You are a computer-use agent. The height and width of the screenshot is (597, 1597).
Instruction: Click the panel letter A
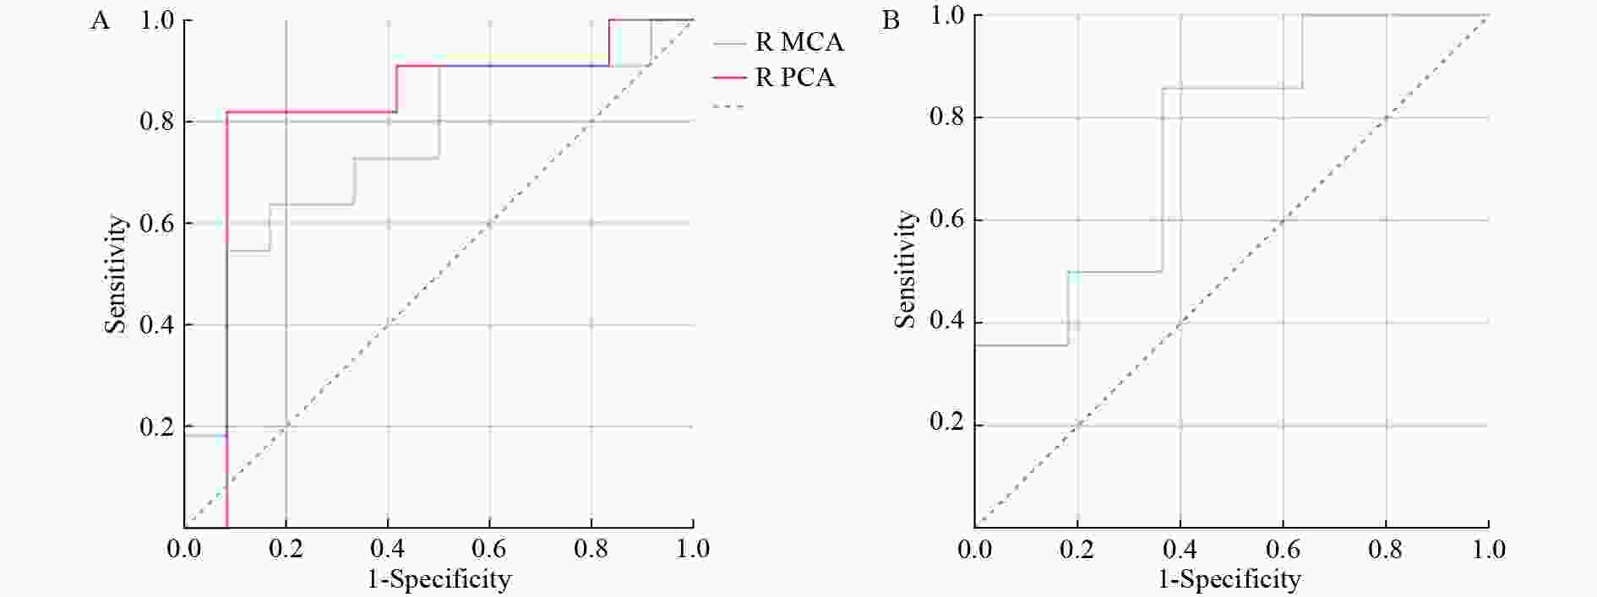(x=100, y=20)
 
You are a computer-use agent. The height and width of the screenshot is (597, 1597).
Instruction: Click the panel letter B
(x=891, y=20)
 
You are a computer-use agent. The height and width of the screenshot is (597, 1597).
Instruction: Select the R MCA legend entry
(x=798, y=42)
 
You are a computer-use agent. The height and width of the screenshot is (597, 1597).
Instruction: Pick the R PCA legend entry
(x=794, y=78)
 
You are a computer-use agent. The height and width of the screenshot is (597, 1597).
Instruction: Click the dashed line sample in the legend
(x=729, y=107)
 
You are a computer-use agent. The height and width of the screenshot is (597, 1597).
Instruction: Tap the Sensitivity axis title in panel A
(x=117, y=274)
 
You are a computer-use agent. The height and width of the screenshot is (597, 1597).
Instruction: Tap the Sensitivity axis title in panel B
(x=907, y=269)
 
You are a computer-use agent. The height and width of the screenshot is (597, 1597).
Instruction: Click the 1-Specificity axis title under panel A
(x=439, y=579)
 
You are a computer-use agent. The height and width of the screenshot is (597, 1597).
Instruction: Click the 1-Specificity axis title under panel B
(x=1229, y=579)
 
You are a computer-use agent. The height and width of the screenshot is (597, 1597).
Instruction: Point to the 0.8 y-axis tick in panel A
(x=157, y=122)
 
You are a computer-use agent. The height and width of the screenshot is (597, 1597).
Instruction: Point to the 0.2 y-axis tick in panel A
(x=157, y=426)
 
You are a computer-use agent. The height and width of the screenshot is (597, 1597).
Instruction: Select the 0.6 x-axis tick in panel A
(x=489, y=550)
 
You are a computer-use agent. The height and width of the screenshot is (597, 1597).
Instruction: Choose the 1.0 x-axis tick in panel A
(x=693, y=550)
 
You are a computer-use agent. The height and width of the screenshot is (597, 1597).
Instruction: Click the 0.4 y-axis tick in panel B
(x=947, y=322)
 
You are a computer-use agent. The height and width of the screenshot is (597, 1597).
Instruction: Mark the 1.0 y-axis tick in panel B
(x=947, y=15)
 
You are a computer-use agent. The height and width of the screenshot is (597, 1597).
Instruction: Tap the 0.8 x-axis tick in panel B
(x=1386, y=550)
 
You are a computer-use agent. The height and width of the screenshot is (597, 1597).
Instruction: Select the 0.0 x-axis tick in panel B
(x=975, y=550)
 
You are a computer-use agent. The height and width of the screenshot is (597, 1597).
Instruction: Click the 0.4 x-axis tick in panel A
(x=388, y=550)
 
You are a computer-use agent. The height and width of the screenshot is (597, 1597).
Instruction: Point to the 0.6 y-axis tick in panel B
(x=947, y=220)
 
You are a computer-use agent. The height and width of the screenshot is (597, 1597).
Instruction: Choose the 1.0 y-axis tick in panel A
(x=157, y=20)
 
